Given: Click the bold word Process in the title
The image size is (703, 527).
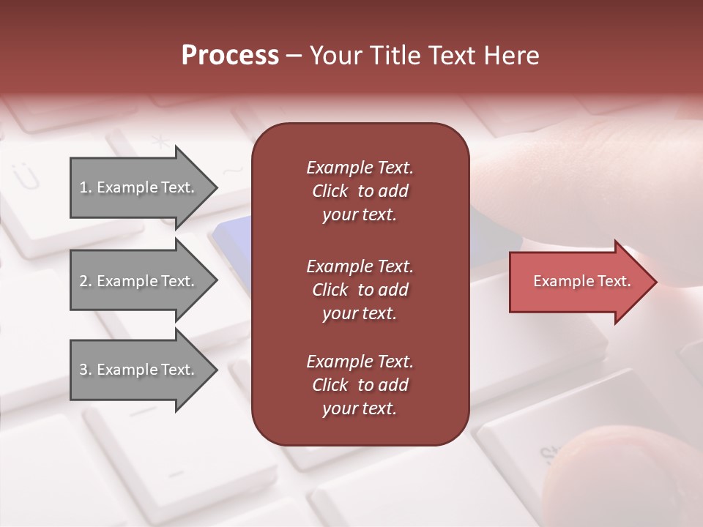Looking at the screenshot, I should pos(230,56).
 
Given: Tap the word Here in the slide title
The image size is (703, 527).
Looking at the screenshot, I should pos(510,56).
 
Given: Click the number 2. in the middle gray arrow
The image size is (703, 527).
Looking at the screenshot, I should pos(86,281).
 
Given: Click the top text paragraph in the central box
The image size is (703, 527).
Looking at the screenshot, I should pos(360,191).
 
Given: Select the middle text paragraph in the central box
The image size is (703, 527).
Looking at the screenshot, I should pos(360,289).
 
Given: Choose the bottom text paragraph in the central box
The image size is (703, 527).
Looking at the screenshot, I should pos(360,385).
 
